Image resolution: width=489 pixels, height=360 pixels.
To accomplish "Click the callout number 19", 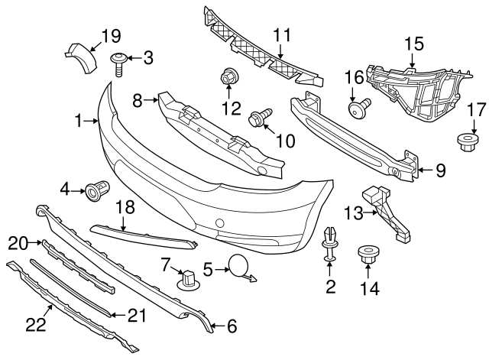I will click(112, 34).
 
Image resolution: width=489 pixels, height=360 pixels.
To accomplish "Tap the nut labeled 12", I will click(228, 77).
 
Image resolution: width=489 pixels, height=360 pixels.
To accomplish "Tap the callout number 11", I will click(283, 34).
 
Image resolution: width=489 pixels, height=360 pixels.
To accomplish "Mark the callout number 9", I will click(439, 172).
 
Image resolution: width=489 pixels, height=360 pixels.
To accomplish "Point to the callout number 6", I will click(232, 326).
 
